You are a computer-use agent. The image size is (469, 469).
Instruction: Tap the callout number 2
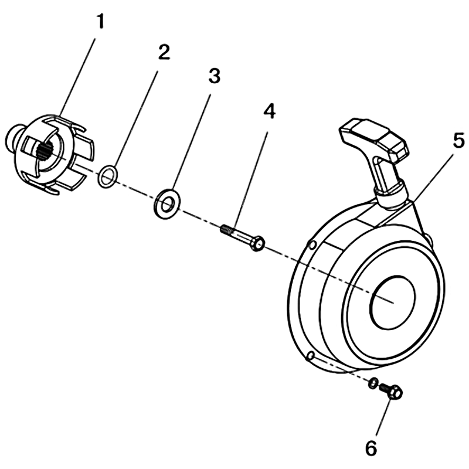point(164,52)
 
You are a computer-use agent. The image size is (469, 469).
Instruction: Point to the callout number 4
point(269,111)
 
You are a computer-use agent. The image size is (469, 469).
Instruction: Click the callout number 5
point(458,140)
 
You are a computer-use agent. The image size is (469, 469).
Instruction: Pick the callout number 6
point(371,448)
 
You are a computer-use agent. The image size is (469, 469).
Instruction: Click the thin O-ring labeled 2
point(107,176)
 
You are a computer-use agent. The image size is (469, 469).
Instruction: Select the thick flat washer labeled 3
point(165,203)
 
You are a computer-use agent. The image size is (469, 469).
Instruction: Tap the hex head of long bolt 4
point(258,243)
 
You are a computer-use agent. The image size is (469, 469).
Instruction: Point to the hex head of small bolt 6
point(394,391)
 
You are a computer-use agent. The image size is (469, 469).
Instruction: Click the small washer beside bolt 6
point(373,383)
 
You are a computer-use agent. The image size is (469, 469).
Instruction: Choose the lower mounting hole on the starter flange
point(311,356)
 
